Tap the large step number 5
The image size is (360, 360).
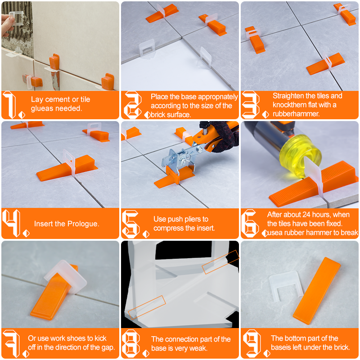(x=130, y=224)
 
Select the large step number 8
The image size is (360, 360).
(x=130, y=343)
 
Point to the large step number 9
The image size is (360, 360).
(x=252, y=343)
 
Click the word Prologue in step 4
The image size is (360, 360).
(x=83, y=224)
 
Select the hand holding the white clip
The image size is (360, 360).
(x=6, y=24)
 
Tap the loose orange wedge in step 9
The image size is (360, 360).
(x=317, y=290)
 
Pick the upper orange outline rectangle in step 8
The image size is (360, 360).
(x=220, y=262)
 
